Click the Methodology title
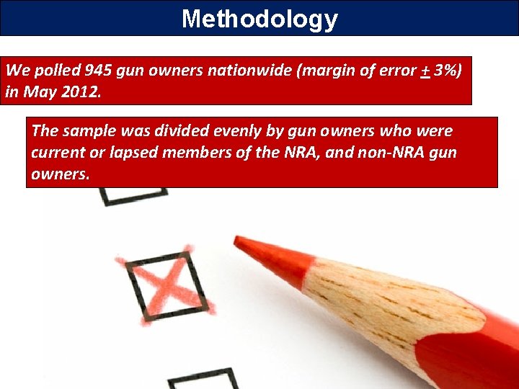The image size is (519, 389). click(x=259, y=18)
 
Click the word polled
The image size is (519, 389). click(x=55, y=71)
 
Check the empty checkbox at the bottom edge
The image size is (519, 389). click(x=203, y=380)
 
